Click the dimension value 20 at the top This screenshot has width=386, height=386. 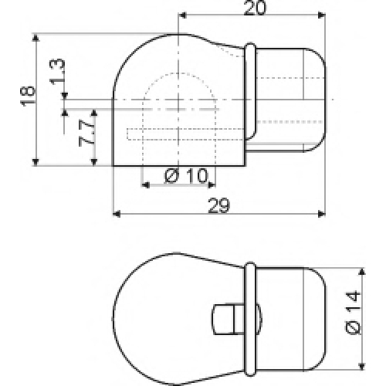click(254, 8)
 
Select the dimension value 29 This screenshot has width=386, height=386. click(218, 205)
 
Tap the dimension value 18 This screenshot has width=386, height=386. click(28, 95)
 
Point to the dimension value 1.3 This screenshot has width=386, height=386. click(57, 71)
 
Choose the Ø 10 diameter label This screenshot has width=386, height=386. click(186, 176)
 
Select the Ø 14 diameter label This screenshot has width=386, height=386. click(353, 313)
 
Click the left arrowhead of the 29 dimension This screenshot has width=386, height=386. click(117, 214)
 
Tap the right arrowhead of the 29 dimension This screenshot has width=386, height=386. click(322, 214)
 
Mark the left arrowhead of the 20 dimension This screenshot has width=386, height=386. click(182, 15)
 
